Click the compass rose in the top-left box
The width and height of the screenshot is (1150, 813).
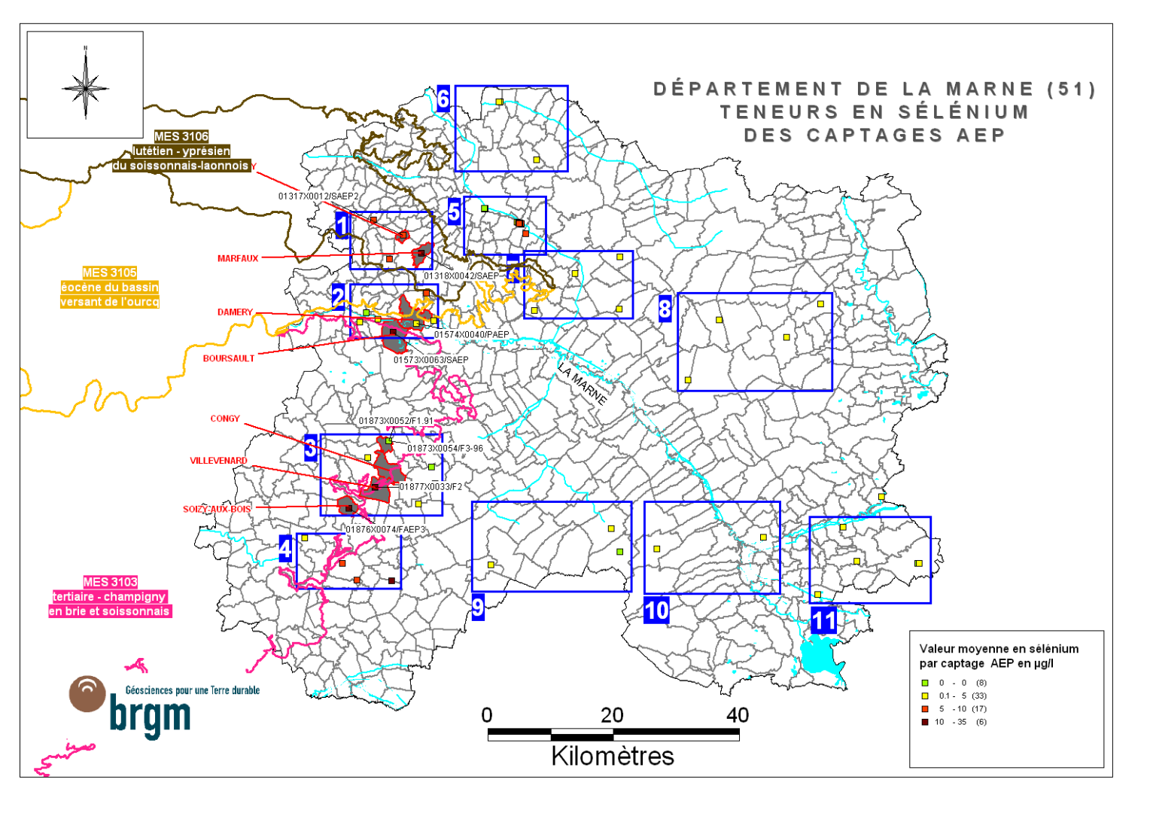[86, 86]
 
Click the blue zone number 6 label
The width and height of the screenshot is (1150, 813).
[443, 99]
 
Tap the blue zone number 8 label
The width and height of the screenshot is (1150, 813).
[665, 308]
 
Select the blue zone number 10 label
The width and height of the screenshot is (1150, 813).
[656, 610]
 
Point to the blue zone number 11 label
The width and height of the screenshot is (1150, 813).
[823, 621]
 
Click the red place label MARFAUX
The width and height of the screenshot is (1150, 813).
[238, 258]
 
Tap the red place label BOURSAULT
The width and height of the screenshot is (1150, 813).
[229, 358]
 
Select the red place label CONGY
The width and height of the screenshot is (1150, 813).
[225, 419]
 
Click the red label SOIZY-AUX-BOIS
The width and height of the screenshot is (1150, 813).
[217, 509]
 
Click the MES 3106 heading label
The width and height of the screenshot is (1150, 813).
[181, 136]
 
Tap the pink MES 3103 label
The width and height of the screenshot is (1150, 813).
[111, 582]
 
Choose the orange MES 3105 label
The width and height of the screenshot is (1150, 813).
[110, 273]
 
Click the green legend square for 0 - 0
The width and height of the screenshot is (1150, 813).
[925, 683]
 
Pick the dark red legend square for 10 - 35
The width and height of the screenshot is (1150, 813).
[925, 722]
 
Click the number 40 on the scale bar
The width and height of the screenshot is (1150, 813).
[738, 715]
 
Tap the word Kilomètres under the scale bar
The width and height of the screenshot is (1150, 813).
[613, 756]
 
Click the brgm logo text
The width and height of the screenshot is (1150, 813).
[151, 715]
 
